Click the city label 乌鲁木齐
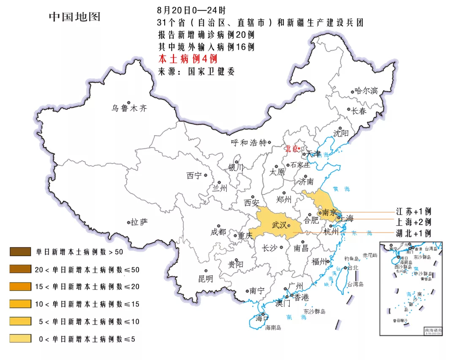[129, 108]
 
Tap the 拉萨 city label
[139, 222]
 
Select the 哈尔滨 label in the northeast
[366, 90]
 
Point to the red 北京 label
[291, 149]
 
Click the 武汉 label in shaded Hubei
[280, 225]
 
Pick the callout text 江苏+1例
[413, 211]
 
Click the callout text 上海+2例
[413, 222]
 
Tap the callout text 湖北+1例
[413, 233]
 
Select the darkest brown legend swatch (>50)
[20, 252]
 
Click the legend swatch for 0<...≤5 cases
[20, 338]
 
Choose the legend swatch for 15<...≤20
[20, 287]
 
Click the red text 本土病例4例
[187, 59]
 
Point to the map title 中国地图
[75, 17]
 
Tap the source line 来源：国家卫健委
[196, 71]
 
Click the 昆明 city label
[206, 279]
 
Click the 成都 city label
[218, 232]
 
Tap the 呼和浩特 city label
[249, 143]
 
